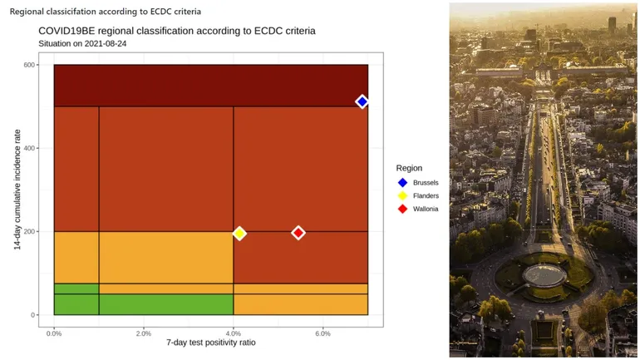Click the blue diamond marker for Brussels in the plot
coord(362,101)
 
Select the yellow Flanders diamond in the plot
coord(239,234)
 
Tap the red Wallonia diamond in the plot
coord(298,233)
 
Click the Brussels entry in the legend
coord(426,182)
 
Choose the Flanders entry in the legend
coord(426,195)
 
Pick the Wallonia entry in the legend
coord(426,209)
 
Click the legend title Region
coord(409,168)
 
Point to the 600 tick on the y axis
coord(28,65)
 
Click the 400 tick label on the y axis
coord(28,148)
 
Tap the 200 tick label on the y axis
coord(28,231)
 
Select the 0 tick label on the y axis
coord(33,315)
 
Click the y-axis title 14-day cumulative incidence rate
coord(16,190)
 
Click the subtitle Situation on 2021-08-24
coord(82,43)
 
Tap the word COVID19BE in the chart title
coord(67,31)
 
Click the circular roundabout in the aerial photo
coord(544,274)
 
